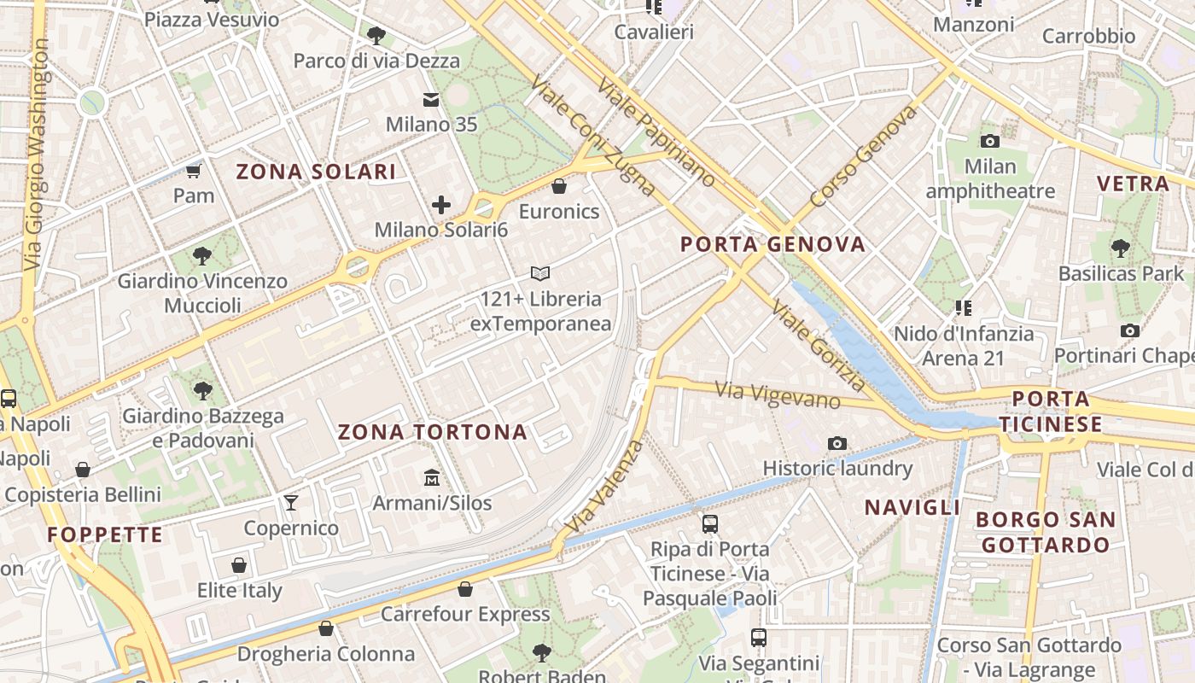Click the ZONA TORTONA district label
(x=433, y=432)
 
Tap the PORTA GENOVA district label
(x=772, y=245)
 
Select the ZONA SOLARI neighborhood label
(x=316, y=172)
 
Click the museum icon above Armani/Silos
(x=432, y=476)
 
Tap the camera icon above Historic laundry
(x=837, y=443)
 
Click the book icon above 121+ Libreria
(x=539, y=273)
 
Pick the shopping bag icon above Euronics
(x=559, y=185)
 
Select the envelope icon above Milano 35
(x=431, y=100)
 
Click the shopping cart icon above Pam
(x=194, y=171)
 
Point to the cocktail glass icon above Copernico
(x=291, y=502)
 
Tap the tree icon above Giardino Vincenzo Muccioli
(x=202, y=255)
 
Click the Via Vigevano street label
(x=777, y=394)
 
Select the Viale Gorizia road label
(x=818, y=346)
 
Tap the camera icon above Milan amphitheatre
(x=990, y=141)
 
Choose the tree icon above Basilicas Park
(x=1121, y=248)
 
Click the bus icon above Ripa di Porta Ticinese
(x=709, y=523)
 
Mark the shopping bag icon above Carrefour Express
(x=465, y=589)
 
